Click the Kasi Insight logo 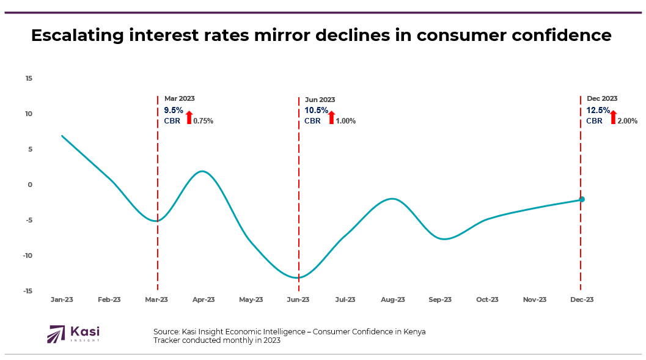coord(73,334)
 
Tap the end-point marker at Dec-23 coord(582,199)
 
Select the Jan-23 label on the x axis coord(62,299)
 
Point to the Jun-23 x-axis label coord(298,299)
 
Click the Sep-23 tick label coord(440,299)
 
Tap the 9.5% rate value coord(174,111)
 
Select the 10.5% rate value coord(316,111)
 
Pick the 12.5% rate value coord(598,111)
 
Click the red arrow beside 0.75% coord(189,118)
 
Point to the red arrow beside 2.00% coord(613,118)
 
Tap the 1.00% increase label coord(346,121)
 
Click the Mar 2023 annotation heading coord(180,98)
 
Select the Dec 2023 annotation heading coord(602,98)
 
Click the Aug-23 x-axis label coord(393,299)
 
